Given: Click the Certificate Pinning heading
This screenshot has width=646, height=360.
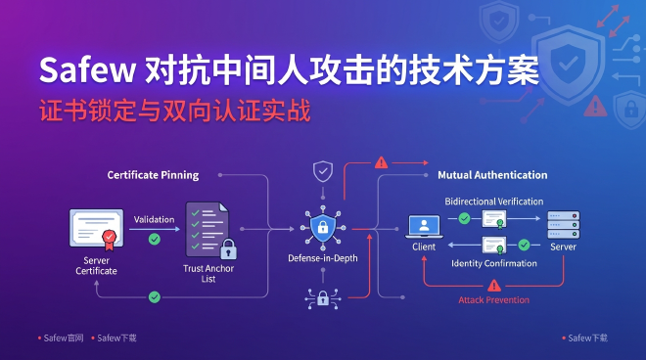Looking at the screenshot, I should click(x=153, y=175).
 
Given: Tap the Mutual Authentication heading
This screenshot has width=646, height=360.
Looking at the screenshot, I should click(x=491, y=175).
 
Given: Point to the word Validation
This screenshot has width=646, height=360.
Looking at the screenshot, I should click(x=154, y=219).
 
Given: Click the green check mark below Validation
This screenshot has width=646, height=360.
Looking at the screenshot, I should click(x=154, y=238).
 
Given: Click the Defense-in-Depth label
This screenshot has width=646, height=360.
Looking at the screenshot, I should click(x=322, y=258).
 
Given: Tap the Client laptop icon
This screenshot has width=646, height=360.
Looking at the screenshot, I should click(x=424, y=227).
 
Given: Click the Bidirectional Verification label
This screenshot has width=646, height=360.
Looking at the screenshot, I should click(x=494, y=201).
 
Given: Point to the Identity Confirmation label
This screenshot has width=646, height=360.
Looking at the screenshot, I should click(x=494, y=263).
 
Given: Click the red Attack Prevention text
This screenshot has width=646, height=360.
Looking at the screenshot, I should click(x=494, y=300).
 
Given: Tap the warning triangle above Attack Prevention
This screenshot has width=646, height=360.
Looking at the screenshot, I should click(x=494, y=285).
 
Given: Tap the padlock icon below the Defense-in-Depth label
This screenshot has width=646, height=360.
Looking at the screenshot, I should click(x=322, y=297).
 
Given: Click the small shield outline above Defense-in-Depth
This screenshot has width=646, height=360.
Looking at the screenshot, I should click(x=322, y=171).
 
